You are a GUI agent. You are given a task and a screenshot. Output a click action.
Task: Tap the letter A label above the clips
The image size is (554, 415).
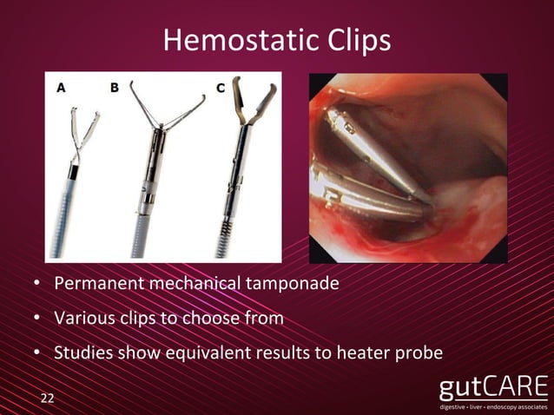[x=61, y=87]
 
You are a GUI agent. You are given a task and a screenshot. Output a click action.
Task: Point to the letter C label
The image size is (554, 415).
[x=221, y=87]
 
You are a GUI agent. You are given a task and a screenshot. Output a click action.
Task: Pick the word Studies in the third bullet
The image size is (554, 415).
[x=81, y=352]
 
